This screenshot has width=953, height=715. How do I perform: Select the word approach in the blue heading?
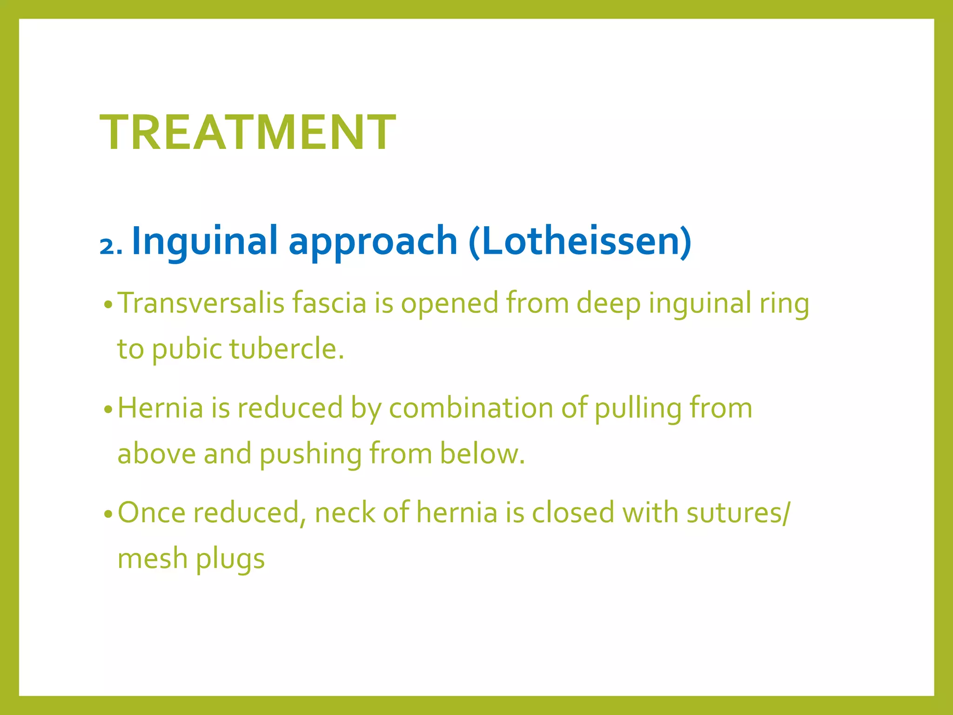pyautogui.click(x=373, y=242)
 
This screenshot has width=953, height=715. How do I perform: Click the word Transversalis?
pyautogui.click(x=201, y=303)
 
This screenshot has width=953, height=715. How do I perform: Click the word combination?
pyautogui.click(x=471, y=408)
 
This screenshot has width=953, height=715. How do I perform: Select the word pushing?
pyautogui.click(x=310, y=455)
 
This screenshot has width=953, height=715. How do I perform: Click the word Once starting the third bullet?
pyautogui.click(x=152, y=513)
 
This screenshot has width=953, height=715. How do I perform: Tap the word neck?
pyautogui.click(x=345, y=513)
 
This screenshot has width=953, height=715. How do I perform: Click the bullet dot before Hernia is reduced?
pyautogui.click(x=108, y=410)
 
